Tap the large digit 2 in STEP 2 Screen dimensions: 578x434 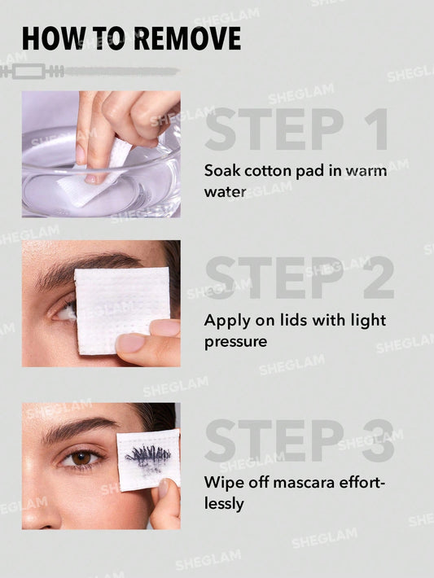pyautogui.click(x=374, y=279)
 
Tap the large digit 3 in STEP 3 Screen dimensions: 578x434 pyautogui.click(x=374, y=441)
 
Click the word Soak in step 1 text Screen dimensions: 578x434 pyautogui.click(x=221, y=171)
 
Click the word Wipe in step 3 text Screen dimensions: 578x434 pyautogui.click(x=221, y=482)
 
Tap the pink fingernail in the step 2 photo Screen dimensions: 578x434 pyautogui.click(x=129, y=343)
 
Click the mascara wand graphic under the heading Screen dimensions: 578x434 pyautogui.click(x=90, y=72)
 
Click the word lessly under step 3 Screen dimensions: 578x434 pyautogui.click(x=224, y=505)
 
